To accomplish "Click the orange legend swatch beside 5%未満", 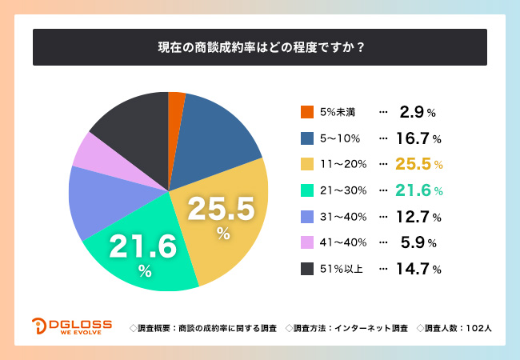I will pos(307,113).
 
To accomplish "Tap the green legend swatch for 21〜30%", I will pos(307,190).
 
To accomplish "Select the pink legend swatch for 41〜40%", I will pos(307,242).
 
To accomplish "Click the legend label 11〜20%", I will pos(342,165).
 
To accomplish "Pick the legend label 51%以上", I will pos(342,269).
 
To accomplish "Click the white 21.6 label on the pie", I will pos(143,246).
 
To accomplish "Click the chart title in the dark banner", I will pos(260,46).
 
